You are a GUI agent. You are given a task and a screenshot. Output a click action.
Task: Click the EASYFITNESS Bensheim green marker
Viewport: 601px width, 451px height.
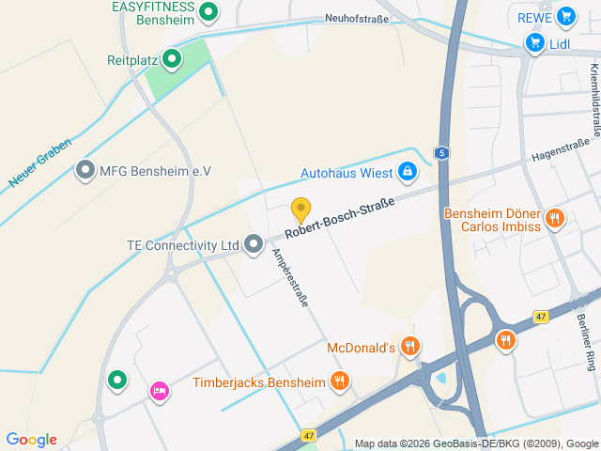point(209,12)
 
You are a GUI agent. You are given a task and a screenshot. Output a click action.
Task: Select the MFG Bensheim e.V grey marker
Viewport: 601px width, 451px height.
point(86,170)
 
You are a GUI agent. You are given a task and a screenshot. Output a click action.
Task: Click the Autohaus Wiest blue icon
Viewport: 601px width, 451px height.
point(408,172)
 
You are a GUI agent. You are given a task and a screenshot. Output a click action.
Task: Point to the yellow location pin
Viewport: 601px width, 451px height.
point(300,210)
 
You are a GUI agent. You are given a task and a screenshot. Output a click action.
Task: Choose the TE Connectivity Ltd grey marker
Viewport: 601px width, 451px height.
point(253,245)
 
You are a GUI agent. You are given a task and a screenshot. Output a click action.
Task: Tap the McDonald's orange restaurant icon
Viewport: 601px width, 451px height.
point(409,348)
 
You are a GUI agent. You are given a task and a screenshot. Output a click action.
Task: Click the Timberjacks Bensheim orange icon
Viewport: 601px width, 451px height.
point(339,381)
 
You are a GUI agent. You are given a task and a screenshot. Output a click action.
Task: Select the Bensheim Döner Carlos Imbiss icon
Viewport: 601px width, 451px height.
point(555,220)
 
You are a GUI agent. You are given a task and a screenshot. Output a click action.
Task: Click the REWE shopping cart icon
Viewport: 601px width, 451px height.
point(564,16)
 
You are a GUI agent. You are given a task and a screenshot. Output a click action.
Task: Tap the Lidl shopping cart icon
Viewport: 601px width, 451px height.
point(534,42)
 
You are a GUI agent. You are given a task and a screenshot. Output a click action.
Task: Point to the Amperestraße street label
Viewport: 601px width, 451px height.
point(289,278)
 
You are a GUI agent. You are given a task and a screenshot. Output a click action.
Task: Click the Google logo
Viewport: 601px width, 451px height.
point(31,440)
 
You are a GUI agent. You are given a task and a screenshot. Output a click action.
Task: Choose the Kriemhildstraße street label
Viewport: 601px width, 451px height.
point(594,99)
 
